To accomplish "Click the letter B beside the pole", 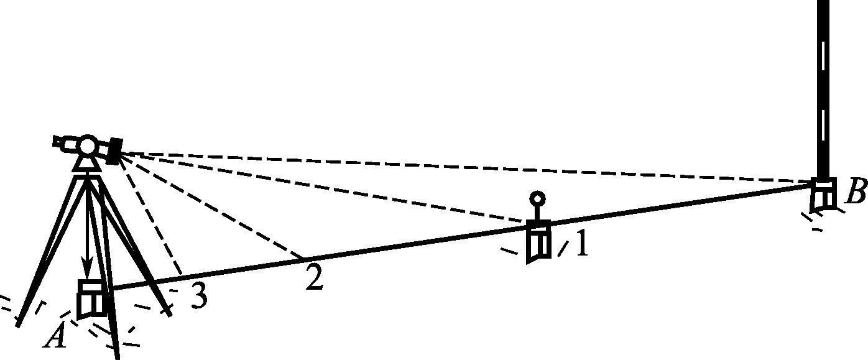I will point(856,194).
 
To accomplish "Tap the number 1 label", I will point(581,244).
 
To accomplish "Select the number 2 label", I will point(315,279).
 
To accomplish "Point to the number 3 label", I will point(198,297).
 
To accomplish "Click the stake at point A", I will point(92,298).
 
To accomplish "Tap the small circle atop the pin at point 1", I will point(538,199).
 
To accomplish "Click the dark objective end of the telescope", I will point(114,151).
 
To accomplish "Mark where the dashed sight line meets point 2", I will point(303,257).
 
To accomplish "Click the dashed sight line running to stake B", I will point(466,167).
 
